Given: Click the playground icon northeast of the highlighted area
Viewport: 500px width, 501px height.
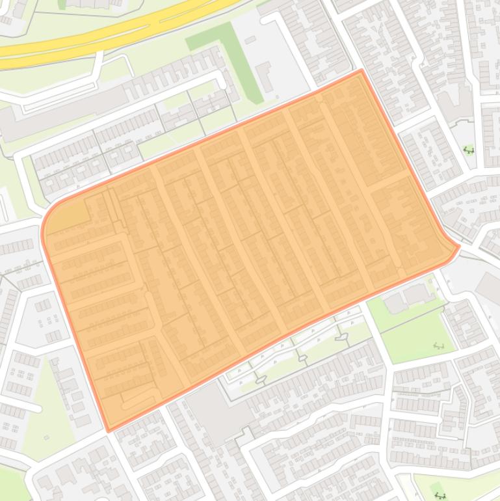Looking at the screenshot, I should [x=468, y=150].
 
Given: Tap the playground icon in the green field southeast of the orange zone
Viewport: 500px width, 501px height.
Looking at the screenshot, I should [x=439, y=344].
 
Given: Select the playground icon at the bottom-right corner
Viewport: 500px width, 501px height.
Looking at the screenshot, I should [x=440, y=495].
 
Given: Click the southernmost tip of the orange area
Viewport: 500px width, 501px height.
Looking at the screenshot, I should [x=109, y=430].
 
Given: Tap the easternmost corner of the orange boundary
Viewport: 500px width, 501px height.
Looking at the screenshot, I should [x=459, y=247].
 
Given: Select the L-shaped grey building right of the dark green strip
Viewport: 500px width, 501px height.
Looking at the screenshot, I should [x=266, y=76].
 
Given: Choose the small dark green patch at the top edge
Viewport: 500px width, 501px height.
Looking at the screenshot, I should [x=62, y=4].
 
